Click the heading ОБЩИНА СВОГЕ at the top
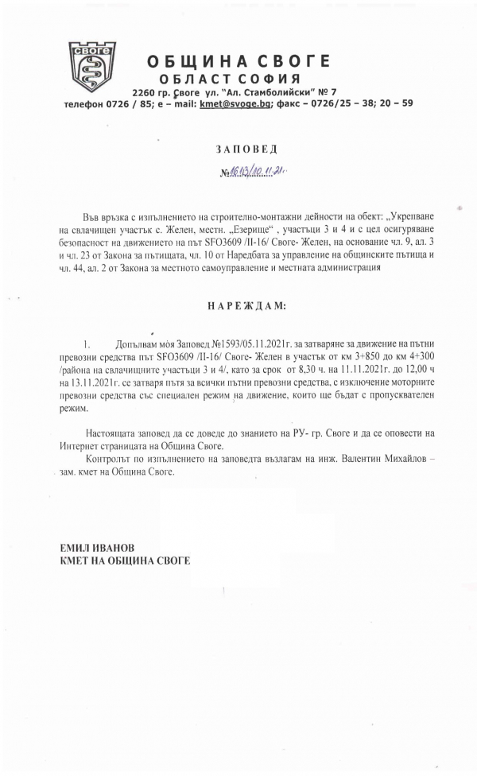click(x=227, y=61)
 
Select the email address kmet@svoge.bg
click(x=235, y=103)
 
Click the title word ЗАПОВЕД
click(x=237, y=149)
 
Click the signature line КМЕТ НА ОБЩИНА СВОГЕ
click(x=125, y=561)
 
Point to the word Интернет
click(x=79, y=445)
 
